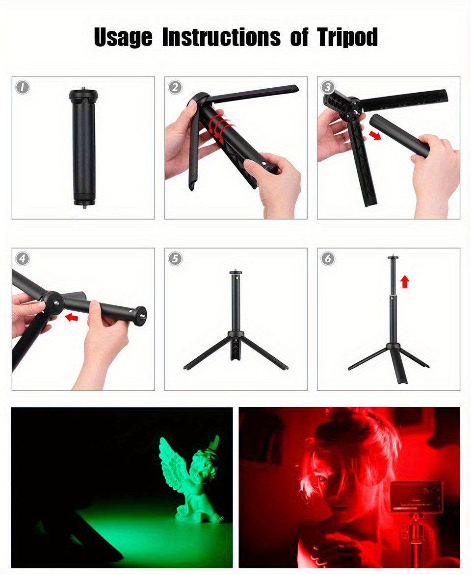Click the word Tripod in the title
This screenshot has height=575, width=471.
347,38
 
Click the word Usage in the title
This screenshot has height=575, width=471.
123,38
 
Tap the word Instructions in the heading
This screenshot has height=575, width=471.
221,38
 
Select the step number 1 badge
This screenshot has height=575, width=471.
22,87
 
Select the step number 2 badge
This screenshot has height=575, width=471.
175,87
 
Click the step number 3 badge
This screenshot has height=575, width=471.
328,87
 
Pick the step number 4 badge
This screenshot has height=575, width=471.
22,258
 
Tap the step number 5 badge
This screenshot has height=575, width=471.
175,258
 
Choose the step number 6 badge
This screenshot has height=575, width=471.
328,258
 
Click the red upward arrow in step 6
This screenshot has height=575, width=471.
404,281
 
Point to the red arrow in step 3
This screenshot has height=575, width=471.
375,134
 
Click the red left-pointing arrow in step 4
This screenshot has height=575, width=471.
72,318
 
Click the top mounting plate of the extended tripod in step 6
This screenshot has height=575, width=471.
393,257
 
